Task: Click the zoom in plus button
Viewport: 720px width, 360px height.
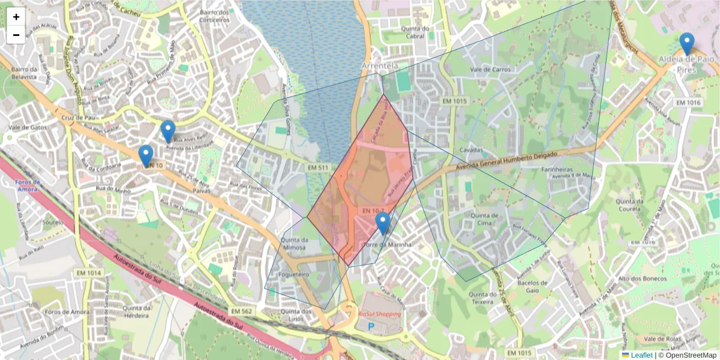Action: (x=16, y=17)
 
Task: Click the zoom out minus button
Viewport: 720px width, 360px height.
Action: (x=16, y=35)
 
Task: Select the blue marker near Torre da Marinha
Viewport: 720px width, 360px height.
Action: (x=383, y=224)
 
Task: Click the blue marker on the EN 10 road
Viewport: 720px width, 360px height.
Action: (x=146, y=156)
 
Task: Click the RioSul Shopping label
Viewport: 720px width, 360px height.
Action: (x=379, y=314)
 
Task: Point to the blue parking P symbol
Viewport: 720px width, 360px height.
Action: (x=371, y=327)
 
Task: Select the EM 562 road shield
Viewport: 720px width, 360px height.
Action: (x=243, y=311)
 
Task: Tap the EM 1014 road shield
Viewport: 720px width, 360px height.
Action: (x=89, y=273)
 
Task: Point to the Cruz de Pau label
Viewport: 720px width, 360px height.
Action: (x=75, y=118)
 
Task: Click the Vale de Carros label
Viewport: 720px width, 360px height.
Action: (x=490, y=70)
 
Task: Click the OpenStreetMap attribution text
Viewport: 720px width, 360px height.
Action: (x=691, y=355)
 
